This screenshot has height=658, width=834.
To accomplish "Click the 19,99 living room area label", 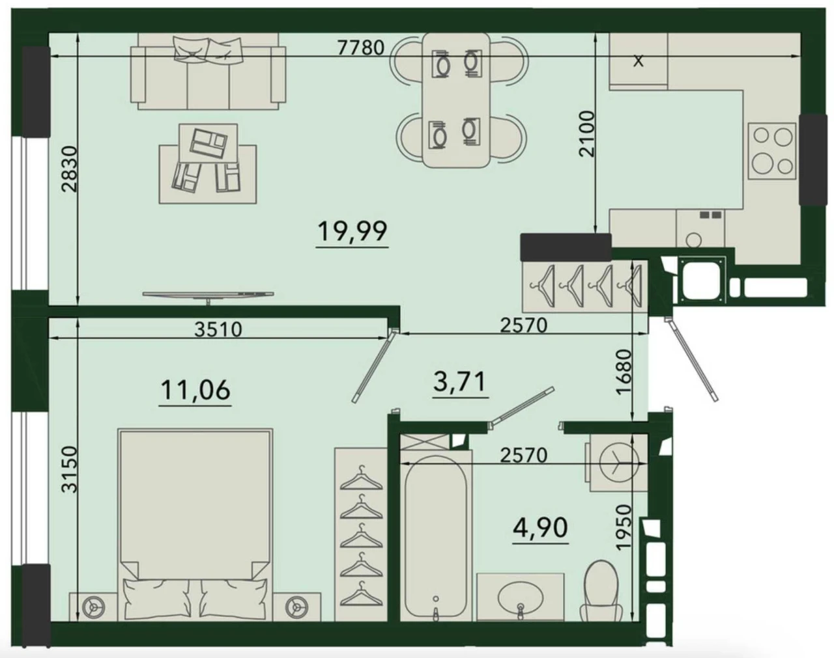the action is click(x=352, y=231).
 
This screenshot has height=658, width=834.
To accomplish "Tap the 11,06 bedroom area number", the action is click(x=195, y=390).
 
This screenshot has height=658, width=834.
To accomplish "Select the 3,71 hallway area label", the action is click(x=459, y=381).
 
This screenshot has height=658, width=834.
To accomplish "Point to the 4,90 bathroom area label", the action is click(x=540, y=527).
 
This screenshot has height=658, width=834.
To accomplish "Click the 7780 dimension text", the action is click(x=360, y=48).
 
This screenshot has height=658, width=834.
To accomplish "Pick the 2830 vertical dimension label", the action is click(x=70, y=169).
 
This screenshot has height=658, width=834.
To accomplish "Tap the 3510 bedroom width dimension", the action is click(x=218, y=330).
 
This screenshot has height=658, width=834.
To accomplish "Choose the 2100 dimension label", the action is click(x=586, y=133).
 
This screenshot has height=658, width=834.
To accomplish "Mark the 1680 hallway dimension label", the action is click(x=624, y=372).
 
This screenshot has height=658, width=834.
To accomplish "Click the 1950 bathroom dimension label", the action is click(x=624, y=527).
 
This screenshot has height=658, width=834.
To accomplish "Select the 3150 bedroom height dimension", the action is click(x=70, y=469).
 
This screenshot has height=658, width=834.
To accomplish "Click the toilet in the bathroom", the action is click(x=601, y=592).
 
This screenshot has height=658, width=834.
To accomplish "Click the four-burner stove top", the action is click(x=771, y=151).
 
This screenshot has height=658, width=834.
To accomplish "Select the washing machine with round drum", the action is click(x=618, y=463).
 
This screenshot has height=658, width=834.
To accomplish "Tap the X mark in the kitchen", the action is click(x=638, y=61).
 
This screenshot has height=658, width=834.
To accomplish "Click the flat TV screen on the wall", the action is click(x=208, y=295).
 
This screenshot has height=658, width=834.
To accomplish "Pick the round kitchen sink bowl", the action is click(x=693, y=240).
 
